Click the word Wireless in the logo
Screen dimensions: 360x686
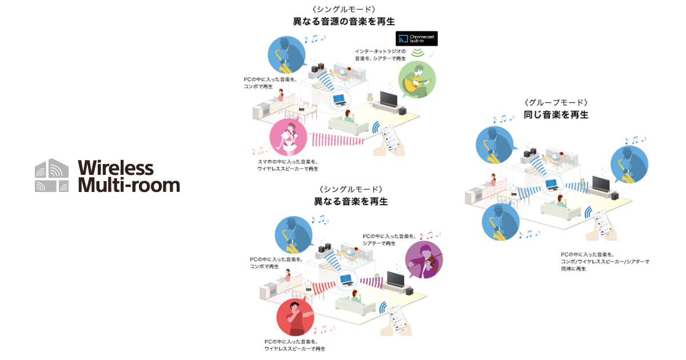coord(115,167)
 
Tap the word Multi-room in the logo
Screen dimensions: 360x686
coord(128,185)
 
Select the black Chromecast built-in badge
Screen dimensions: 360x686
coord(416,39)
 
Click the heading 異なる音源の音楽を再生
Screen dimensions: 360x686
coord(344,22)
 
